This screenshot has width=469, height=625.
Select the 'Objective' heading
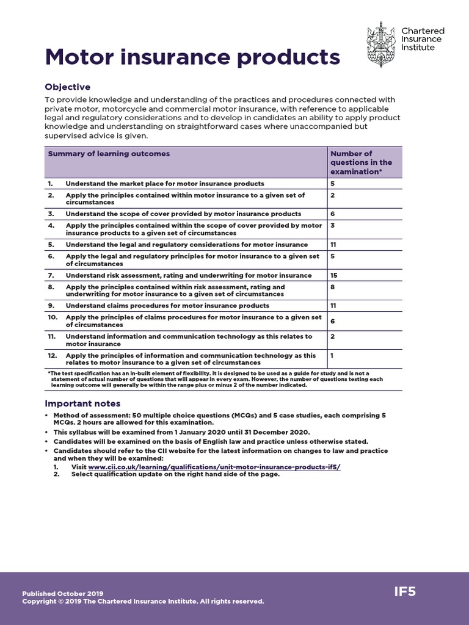[x=68, y=87]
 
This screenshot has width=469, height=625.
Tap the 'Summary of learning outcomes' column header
[x=109, y=154]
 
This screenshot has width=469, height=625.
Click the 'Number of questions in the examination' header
[x=362, y=162]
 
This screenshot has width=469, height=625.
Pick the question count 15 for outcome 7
[x=334, y=275]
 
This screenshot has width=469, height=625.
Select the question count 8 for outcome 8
[x=333, y=286]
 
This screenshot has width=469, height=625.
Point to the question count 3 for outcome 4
[x=333, y=225]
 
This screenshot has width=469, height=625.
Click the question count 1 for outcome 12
[x=332, y=355]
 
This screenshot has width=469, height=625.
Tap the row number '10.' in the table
[x=53, y=317]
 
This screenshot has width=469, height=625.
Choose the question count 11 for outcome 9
[x=334, y=305]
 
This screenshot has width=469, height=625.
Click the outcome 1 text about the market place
[x=165, y=183]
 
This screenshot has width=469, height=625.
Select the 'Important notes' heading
[x=83, y=403]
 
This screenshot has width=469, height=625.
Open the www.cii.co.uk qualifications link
[x=214, y=467]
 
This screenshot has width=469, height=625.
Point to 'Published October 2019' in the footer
[x=63, y=593]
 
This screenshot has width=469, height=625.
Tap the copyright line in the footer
[x=143, y=601]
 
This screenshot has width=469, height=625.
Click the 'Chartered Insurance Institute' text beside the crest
[x=423, y=39]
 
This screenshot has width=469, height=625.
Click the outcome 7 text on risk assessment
[x=188, y=275]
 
